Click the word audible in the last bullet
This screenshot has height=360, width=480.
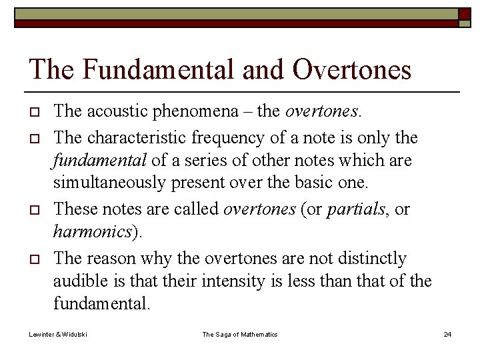coord(79,281)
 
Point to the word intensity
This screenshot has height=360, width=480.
coord(227,281)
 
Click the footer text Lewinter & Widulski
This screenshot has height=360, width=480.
coord(58,334)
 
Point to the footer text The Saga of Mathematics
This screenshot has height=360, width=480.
coord(240,334)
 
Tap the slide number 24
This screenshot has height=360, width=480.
coord(447,334)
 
